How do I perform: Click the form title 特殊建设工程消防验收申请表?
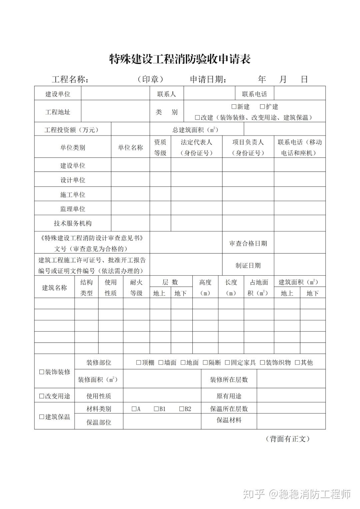point(180,59)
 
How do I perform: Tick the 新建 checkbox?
point(234,107)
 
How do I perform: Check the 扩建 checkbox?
point(262,107)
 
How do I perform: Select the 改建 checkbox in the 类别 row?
point(197,118)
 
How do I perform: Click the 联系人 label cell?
point(166,94)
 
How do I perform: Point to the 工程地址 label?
point(58,112)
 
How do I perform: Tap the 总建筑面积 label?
point(195,130)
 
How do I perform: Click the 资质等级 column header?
point(160,147)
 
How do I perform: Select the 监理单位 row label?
point(73,209)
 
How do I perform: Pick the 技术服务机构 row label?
point(73,223)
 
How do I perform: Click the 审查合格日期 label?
point(248,243)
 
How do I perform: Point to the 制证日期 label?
point(248,266)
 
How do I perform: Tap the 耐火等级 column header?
point(136,288)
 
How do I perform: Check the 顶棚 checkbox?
point(139,363)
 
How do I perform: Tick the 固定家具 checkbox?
point(227,363)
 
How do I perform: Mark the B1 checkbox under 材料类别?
point(156,409)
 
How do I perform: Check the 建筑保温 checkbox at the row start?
point(42,417)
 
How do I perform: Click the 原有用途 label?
point(229,396)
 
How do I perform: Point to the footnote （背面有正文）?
point(287,439)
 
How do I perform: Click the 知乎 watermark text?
point(254,494)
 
